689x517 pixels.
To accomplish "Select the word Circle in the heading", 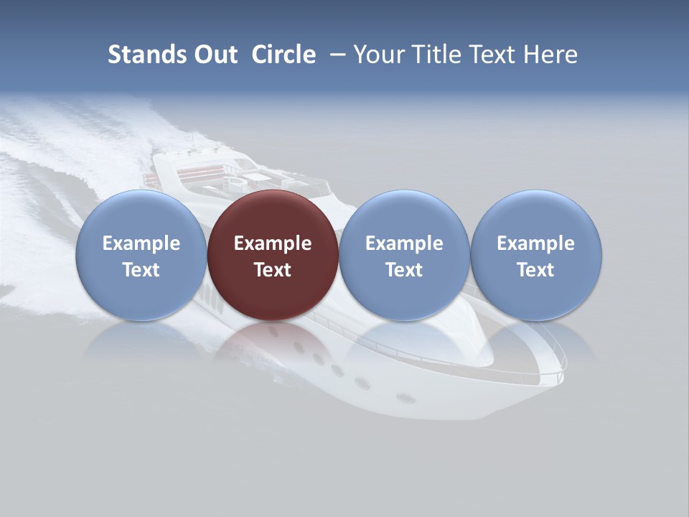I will point(283,55).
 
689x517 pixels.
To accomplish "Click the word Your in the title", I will point(380,55).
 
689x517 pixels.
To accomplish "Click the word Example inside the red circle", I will point(273,243).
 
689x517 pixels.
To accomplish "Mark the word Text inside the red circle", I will point(273,270).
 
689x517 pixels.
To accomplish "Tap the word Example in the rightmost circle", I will point(536,243).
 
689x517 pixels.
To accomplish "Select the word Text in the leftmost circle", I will point(141,270).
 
